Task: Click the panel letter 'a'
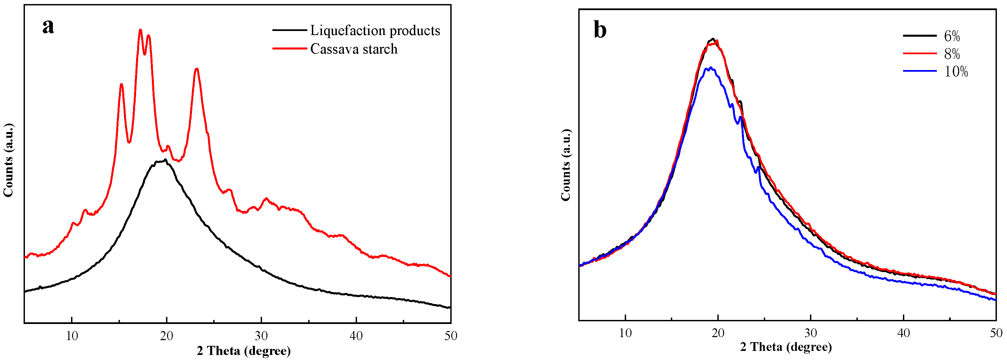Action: pos(48,27)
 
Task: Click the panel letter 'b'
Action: pos(600,30)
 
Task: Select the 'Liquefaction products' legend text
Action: pos(375,31)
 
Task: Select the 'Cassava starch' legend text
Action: pos(354,49)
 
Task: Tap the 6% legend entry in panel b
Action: pos(952,36)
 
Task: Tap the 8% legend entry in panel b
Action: pos(952,54)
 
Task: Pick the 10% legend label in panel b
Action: pos(956,71)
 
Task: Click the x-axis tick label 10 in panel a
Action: pos(72,336)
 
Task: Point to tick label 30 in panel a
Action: pos(261,336)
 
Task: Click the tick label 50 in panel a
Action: pos(451,336)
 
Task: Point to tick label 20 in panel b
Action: pos(718,333)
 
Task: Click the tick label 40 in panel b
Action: pos(903,333)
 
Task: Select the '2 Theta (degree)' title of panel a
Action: pos(243,351)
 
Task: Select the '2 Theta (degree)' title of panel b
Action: pos(786,347)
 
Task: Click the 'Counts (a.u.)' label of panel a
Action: pos(9,160)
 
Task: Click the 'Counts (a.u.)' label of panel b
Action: pos(566,165)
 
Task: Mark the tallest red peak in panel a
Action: pos(140,30)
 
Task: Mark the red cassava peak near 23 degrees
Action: pos(197,69)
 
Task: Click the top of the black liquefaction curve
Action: pos(165,160)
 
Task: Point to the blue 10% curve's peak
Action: pos(710,68)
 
